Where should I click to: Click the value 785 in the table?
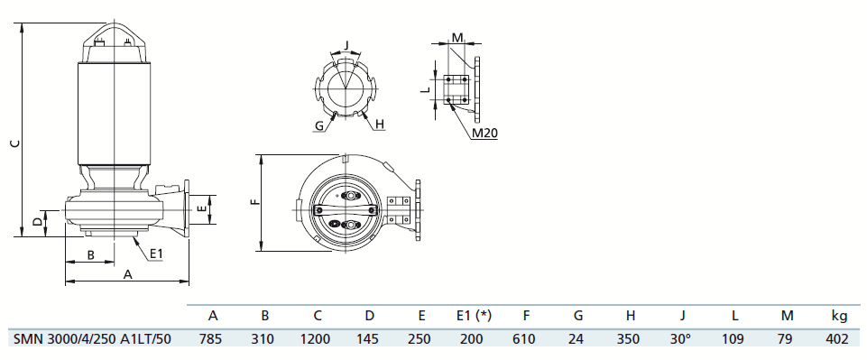coord(210,339)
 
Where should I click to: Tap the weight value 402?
coord(838,339)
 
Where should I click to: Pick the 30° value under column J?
coord(680,339)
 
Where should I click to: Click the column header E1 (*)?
coord(471,316)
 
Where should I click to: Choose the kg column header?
coord(839,317)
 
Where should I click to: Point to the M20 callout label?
coord(484,133)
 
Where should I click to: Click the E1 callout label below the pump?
coord(156,254)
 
